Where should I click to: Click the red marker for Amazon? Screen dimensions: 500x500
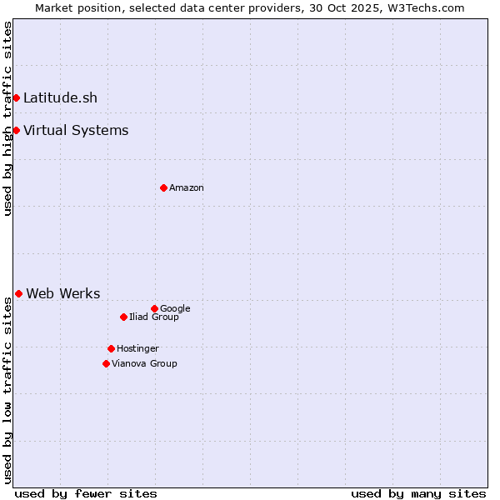click(x=163, y=187)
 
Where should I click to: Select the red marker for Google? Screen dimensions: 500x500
click(x=154, y=308)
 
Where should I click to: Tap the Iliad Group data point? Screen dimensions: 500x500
click(x=123, y=317)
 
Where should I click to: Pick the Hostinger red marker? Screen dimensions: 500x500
click(x=111, y=348)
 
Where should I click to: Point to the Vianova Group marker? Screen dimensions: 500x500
click(x=106, y=363)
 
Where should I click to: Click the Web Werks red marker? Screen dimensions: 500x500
click(x=18, y=293)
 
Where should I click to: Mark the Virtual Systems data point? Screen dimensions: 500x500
click(x=16, y=130)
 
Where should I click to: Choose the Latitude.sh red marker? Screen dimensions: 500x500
click(x=16, y=97)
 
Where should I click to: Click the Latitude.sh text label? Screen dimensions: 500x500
click(x=60, y=97)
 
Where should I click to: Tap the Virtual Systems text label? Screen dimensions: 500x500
click(x=76, y=130)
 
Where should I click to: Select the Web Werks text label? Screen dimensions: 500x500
click(x=63, y=293)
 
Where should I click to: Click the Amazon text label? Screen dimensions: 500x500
click(x=187, y=187)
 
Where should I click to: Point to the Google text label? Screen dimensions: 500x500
click(x=175, y=308)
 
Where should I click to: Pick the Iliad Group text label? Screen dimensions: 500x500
click(x=154, y=317)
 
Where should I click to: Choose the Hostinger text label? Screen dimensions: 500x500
click(x=137, y=348)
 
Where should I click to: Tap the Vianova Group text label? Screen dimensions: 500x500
click(x=144, y=363)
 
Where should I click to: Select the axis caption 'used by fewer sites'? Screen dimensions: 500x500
click(x=86, y=493)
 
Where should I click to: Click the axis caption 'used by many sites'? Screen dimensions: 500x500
click(x=418, y=493)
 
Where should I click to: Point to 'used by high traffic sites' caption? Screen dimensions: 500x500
click(x=7, y=118)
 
